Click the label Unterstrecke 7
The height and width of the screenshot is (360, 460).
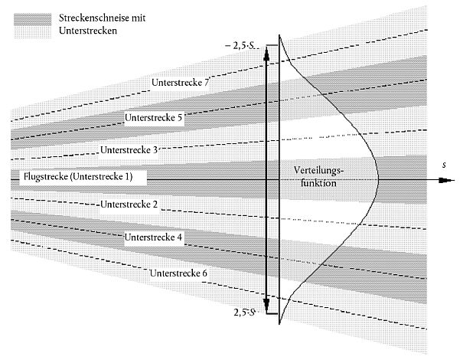182,83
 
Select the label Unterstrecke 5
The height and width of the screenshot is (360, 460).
154,119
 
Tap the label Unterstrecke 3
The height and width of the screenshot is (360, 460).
129,149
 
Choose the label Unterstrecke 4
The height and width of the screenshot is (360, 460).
154,237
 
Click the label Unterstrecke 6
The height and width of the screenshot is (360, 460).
181,273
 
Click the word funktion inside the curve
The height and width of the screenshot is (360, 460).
318,184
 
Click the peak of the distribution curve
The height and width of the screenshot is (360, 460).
378,180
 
